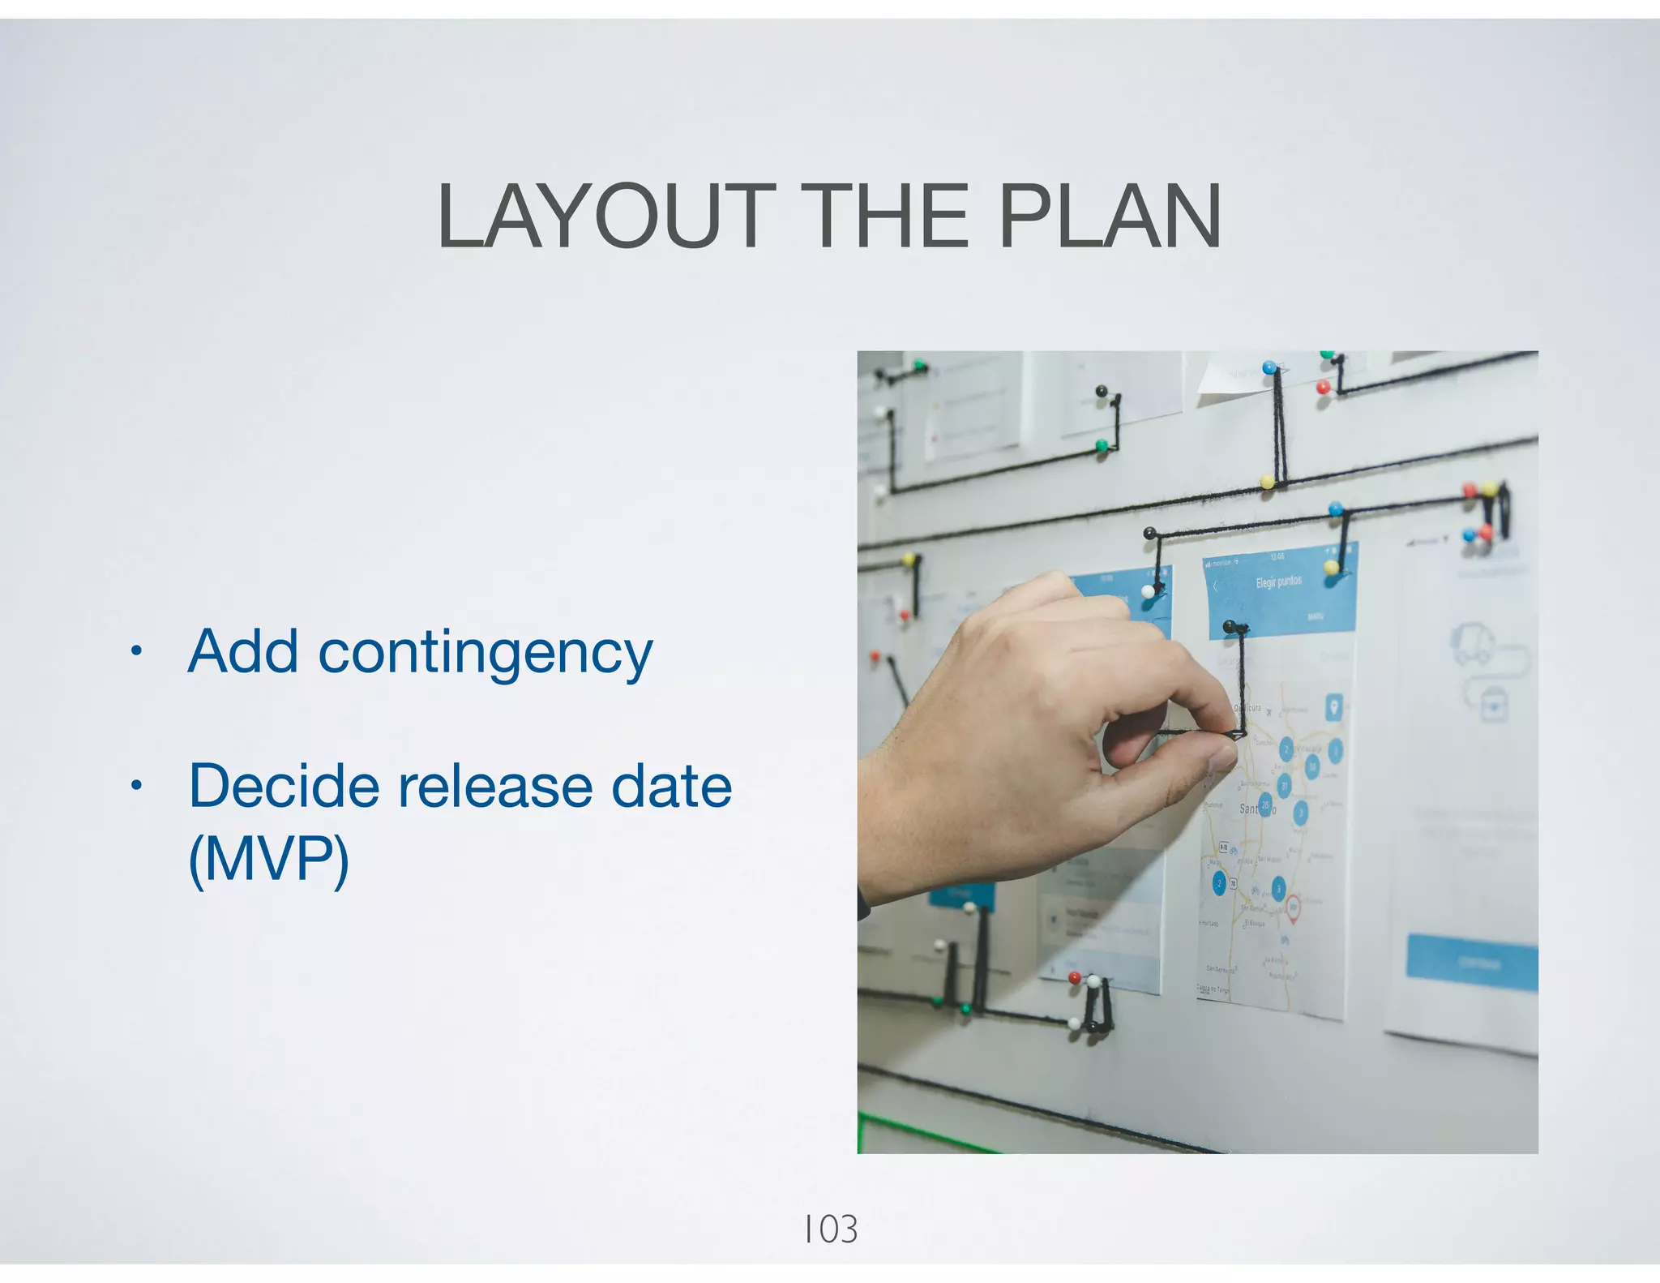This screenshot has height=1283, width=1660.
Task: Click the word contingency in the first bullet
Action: click(x=485, y=653)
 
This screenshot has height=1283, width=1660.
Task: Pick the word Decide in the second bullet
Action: click(x=284, y=786)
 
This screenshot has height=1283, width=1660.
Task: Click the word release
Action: click(x=495, y=786)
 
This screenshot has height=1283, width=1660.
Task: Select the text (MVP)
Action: click(x=268, y=859)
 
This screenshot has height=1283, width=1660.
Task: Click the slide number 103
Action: click(x=830, y=1229)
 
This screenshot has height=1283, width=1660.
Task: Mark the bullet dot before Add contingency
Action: click(x=137, y=650)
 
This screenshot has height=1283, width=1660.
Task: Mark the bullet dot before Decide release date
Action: click(x=137, y=785)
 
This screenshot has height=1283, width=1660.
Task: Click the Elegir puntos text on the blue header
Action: click(x=1279, y=581)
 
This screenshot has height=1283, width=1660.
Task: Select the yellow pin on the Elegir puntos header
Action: click(x=1331, y=567)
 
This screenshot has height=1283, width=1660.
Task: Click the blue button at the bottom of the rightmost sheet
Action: click(x=1471, y=963)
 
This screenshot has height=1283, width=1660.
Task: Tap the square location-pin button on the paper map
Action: click(x=1333, y=707)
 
